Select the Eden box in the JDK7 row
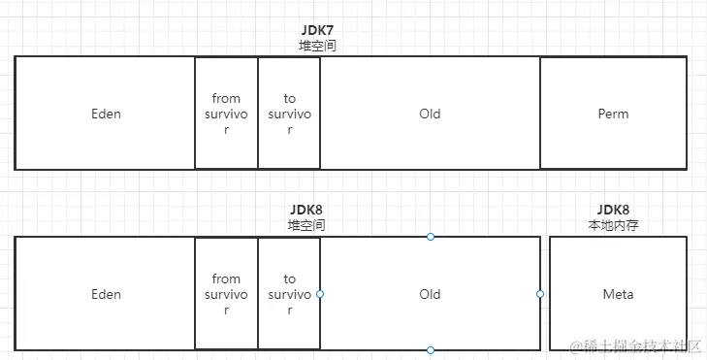pyautogui.click(x=106, y=114)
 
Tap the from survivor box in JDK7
pyautogui.click(x=226, y=114)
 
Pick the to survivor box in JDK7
pyautogui.click(x=289, y=114)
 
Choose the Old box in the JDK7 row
pyautogui.click(x=430, y=114)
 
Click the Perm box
pyautogui.click(x=613, y=114)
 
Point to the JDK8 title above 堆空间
pyautogui.click(x=305, y=210)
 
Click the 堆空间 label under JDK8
pyautogui.click(x=305, y=224)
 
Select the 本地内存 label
pyautogui.click(x=613, y=224)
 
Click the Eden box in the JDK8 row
pyautogui.click(x=106, y=294)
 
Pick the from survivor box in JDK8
pyautogui.click(x=226, y=294)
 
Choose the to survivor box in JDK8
pyautogui.click(x=289, y=294)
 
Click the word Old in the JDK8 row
pyautogui.click(x=430, y=294)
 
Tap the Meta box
pyautogui.click(x=618, y=294)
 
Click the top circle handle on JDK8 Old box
pyautogui.click(x=431, y=237)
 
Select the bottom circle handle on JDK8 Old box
pyautogui.click(x=431, y=350)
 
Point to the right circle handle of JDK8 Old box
pyautogui.click(x=540, y=294)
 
